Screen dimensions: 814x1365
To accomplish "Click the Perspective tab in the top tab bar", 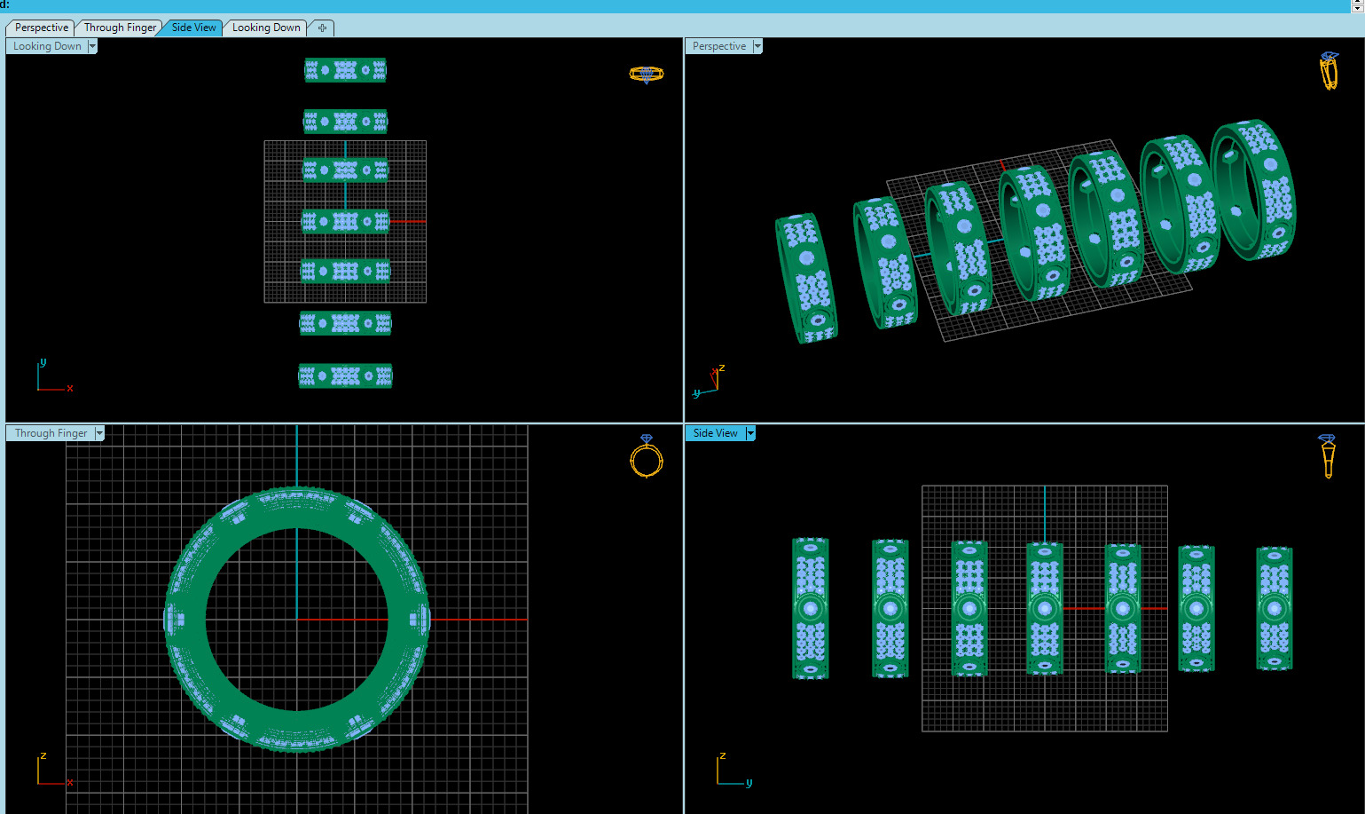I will click(41, 28).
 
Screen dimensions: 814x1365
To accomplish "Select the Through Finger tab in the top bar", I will click(120, 28).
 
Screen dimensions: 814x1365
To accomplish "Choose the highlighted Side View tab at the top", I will click(193, 28).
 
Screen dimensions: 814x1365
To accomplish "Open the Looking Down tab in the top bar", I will click(266, 28).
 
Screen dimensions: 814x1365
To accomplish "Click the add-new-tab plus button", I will click(322, 28).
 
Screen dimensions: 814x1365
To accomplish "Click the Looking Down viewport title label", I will click(47, 46).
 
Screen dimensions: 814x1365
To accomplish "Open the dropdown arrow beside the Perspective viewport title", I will click(757, 46).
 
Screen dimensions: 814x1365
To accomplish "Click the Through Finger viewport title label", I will click(51, 433).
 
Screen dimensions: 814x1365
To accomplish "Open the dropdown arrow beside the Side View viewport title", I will click(750, 433).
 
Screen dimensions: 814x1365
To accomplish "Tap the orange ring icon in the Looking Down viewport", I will click(646, 75).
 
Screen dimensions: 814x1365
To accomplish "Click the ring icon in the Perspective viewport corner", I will click(1329, 71).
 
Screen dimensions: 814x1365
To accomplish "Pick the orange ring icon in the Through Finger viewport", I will click(647, 457).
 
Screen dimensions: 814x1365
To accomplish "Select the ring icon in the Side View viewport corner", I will click(1327, 455).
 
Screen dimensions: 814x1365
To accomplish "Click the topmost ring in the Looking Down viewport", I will click(345, 70).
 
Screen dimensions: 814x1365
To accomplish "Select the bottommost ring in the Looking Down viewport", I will click(345, 376).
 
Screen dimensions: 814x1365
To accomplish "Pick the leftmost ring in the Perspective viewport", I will click(806, 277).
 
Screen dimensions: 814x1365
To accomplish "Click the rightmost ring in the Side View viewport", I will click(1275, 608).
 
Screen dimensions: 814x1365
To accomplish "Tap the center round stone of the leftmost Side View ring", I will click(810, 609).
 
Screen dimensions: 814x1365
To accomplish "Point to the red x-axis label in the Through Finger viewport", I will click(70, 782).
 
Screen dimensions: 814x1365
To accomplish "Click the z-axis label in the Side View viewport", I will click(723, 755).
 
